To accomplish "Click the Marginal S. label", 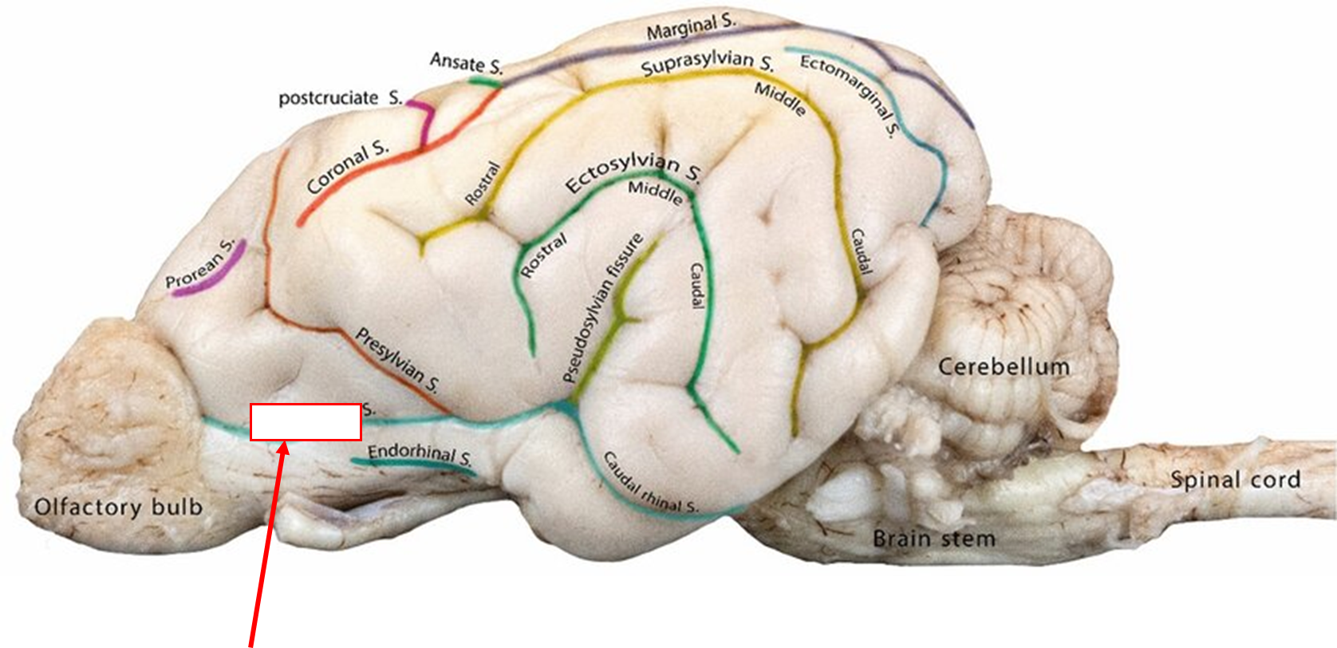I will [x=691, y=29].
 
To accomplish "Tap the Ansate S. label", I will [x=466, y=63].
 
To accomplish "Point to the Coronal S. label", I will [x=348, y=168].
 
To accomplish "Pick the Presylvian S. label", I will [x=396, y=361].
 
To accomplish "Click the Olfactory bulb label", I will [x=118, y=507].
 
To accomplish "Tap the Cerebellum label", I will [x=1003, y=367].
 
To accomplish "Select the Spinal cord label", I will [x=1235, y=480].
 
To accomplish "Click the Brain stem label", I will [x=933, y=538].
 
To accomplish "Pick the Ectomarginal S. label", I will [x=850, y=94].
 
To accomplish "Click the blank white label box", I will [x=306, y=422].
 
